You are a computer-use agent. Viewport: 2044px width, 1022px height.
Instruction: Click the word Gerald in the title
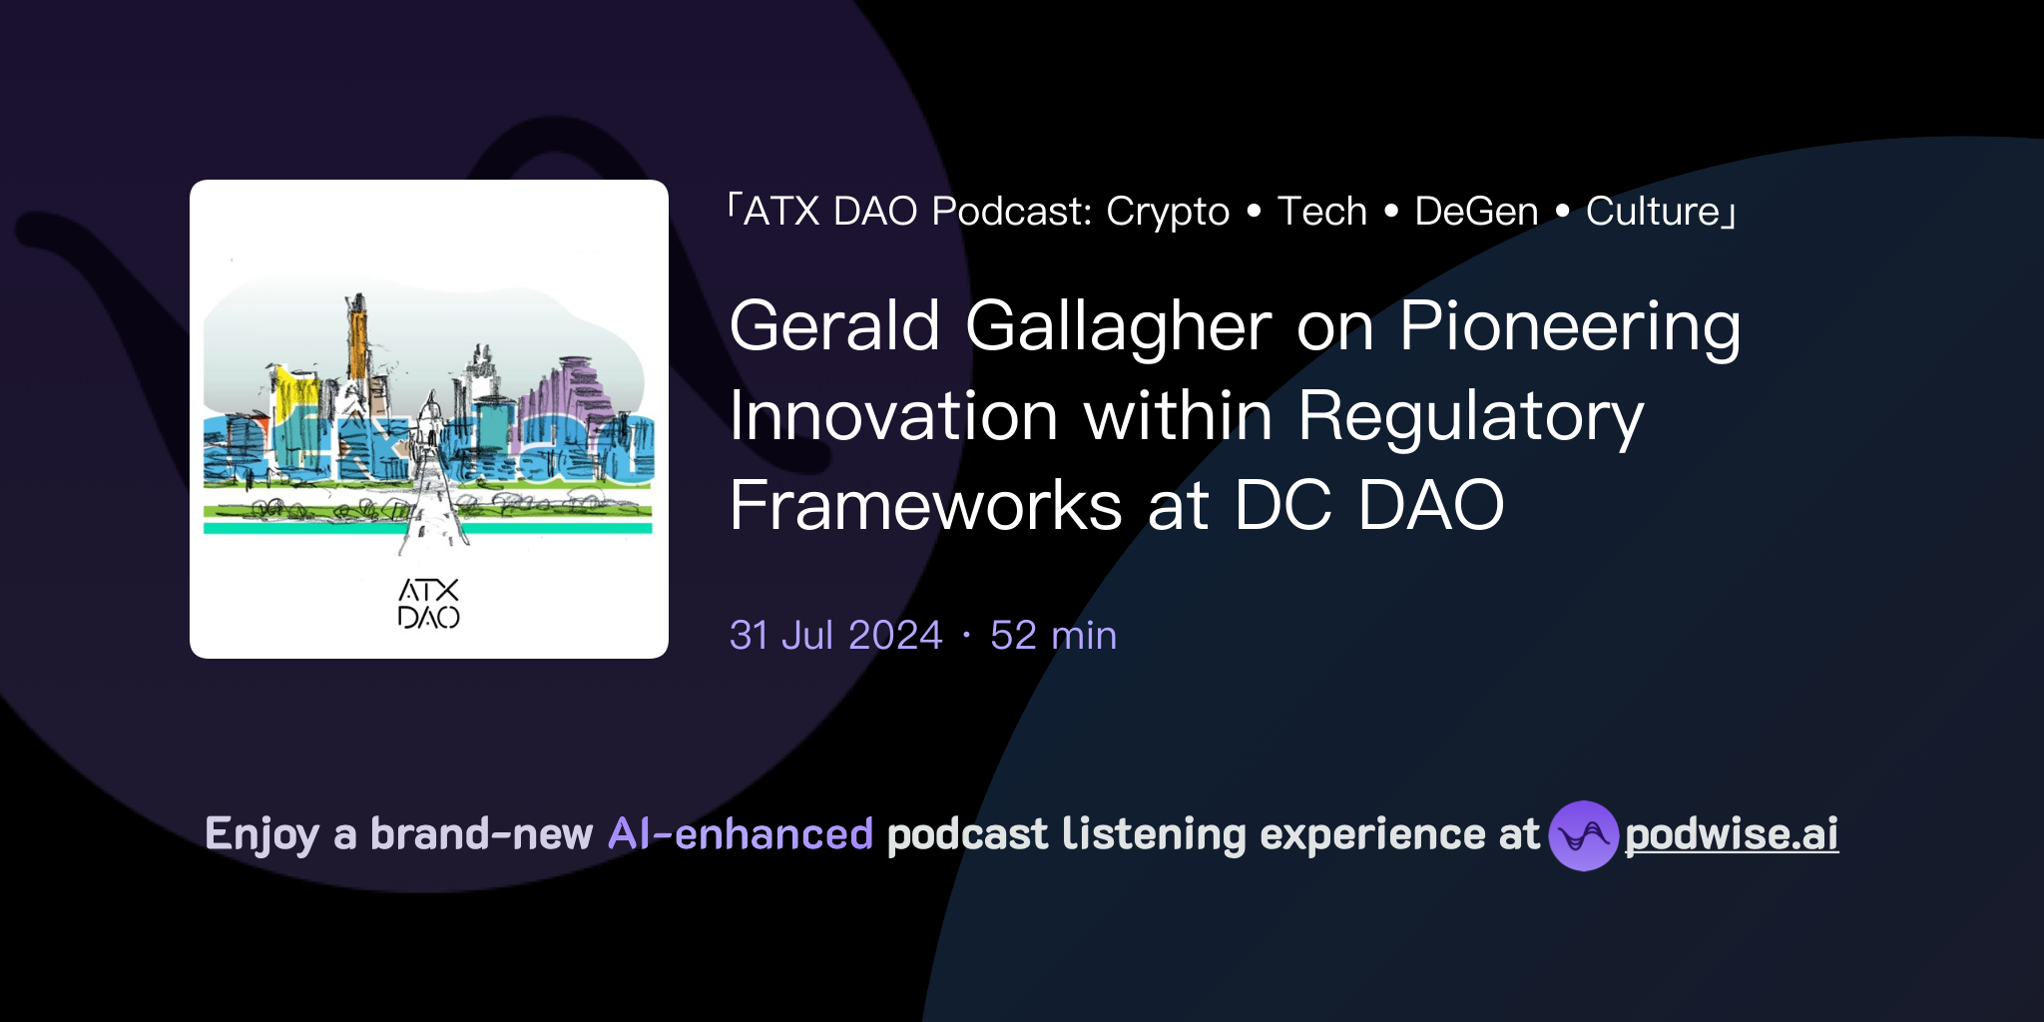(x=834, y=326)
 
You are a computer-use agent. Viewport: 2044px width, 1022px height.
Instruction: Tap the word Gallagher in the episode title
(x=1118, y=328)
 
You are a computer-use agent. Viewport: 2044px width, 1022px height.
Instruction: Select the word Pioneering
(x=1569, y=328)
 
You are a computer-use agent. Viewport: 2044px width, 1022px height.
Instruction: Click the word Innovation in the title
(x=893, y=416)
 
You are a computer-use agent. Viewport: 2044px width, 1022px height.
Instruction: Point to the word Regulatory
(x=1470, y=418)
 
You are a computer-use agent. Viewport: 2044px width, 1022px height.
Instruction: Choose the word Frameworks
(x=925, y=505)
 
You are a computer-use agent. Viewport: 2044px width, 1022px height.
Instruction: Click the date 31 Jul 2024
(x=835, y=636)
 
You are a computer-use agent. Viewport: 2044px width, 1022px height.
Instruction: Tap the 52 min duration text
(x=1053, y=636)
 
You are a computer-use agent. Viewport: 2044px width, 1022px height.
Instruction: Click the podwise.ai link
(x=1732, y=835)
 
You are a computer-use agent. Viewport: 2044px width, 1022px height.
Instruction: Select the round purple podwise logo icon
(x=1583, y=835)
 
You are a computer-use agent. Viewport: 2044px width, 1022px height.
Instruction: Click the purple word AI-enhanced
(x=741, y=834)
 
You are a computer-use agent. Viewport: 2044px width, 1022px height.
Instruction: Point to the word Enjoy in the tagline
(x=261, y=835)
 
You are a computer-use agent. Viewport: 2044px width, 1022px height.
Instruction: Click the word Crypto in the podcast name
(x=1168, y=212)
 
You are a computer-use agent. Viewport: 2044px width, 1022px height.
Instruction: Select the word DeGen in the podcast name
(x=1476, y=212)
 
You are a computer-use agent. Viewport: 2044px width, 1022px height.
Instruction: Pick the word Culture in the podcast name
(x=1652, y=212)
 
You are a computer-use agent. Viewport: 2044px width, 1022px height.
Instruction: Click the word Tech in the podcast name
(x=1321, y=212)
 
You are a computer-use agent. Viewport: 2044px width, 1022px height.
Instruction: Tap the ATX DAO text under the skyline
(x=429, y=604)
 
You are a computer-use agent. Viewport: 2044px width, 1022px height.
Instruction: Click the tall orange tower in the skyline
(x=356, y=339)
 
